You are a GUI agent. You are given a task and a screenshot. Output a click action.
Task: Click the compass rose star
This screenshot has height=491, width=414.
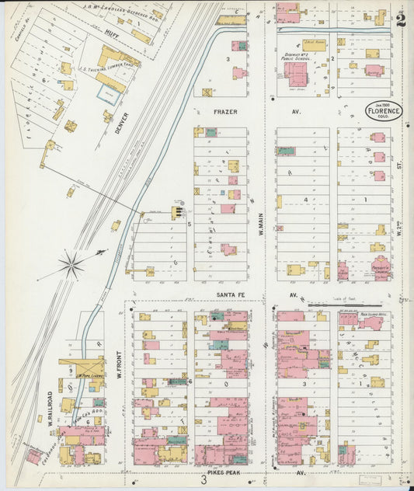coord(71,266)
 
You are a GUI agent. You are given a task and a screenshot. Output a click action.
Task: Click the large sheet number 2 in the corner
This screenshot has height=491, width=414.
coord(400,20)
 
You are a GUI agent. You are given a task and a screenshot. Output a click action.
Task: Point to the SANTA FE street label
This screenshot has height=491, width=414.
coord(231,294)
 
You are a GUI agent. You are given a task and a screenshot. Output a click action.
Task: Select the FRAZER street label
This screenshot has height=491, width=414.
coord(225,112)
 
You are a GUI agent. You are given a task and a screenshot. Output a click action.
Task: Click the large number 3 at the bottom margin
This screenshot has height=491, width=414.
coord(204,480)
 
